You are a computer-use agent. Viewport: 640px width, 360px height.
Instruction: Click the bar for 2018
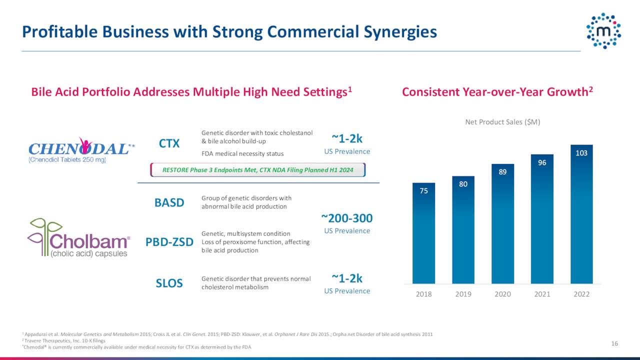pyautogui.click(x=423, y=233)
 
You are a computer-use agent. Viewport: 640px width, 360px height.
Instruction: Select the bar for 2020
pyautogui.click(x=502, y=223)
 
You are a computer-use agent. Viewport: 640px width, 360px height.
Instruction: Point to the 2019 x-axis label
pyautogui.click(x=463, y=294)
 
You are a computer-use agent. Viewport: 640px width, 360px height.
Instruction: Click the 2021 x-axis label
pyautogui.click(x=542, y=294)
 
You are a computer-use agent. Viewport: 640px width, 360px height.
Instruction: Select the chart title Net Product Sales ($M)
pyautogui.click(x=502, y=122)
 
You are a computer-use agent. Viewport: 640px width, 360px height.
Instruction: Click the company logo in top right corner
pyautogui.click(x=603, y=31)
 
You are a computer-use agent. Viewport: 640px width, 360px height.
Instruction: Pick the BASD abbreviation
pyautogui.click(x=169, y=202)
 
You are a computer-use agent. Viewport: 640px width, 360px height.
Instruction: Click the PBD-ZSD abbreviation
pyautogui.click(x=169, y=242)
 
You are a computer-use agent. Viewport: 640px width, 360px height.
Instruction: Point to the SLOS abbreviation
pyautogui.click(x=169, y=283)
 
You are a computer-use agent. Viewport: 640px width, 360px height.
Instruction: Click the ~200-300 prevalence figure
pyautogui.click(x=347, y=218)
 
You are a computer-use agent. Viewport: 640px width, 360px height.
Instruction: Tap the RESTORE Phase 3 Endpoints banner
pyautogui.click(x=258, y=170)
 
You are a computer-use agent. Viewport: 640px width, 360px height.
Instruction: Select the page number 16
pyautogui.click(x=614, y=343)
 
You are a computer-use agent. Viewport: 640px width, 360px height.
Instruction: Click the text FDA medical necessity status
pyautogui.click(x=242, y=153)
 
